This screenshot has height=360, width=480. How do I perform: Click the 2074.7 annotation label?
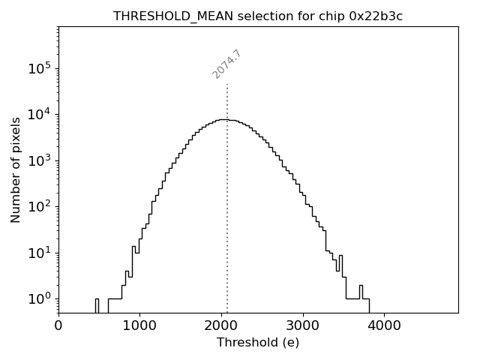point(226,64)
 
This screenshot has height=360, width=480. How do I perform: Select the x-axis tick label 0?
point(58,326)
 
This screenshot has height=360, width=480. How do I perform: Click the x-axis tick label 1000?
point(139,326)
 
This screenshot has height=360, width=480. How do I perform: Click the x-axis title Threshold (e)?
point(258,343)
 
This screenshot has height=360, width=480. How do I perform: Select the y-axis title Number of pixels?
point(16,170)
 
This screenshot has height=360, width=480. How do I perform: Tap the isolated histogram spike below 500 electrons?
point(97,304)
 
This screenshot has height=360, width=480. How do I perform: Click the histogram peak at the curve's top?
point(223,119)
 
